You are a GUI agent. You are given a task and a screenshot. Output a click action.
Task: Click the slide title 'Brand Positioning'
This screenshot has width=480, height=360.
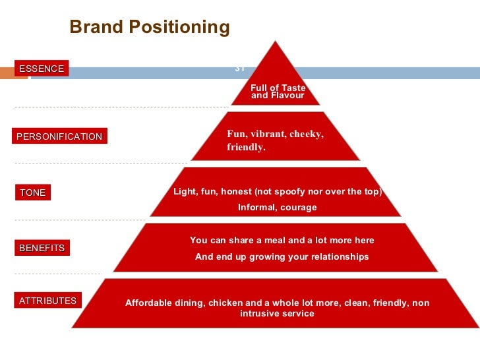point(150,27)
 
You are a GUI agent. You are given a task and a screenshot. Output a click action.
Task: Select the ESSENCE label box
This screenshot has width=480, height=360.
point(42,69)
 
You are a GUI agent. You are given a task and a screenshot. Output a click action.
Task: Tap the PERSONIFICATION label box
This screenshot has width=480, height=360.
point(59,136)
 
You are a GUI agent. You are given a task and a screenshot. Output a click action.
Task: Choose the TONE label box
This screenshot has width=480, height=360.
point(33,193)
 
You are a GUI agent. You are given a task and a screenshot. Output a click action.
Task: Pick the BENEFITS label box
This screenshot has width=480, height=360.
point(42,248)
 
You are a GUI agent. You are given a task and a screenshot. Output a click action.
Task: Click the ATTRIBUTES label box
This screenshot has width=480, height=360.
point(47,301)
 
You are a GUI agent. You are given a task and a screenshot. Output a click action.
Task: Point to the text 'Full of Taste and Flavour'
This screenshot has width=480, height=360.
point(278,92)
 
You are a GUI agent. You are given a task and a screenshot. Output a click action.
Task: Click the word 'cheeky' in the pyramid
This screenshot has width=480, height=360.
point(306,134)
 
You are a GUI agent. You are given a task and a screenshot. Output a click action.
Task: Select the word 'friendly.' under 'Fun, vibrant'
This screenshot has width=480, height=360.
point(246,148)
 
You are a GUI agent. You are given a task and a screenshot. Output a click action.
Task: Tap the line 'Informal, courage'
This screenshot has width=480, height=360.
point(277,208)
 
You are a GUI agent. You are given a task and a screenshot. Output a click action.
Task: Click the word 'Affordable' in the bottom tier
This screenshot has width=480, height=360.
point(148,303)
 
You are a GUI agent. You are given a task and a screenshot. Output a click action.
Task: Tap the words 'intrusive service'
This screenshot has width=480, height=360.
point(277,314)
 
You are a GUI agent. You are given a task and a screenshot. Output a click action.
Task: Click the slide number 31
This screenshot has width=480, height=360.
point(239,69)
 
